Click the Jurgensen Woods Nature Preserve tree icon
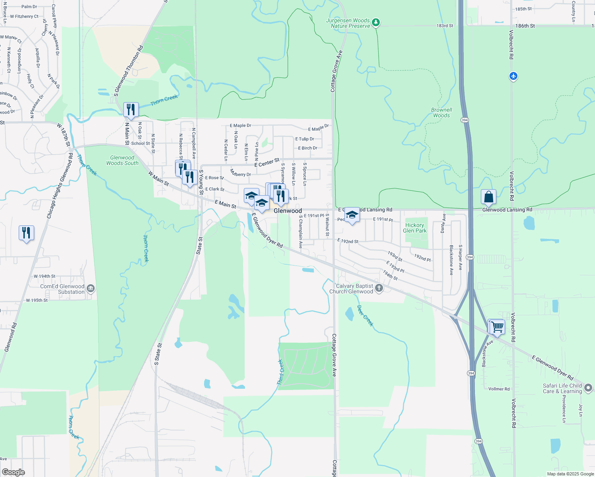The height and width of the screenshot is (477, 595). [x=375, y=23]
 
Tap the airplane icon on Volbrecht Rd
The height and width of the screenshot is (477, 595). [x=513, y=76]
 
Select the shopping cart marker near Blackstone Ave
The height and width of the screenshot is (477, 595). [x=497, y=327]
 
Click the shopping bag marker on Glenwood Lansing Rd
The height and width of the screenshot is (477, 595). [x=488, y=197]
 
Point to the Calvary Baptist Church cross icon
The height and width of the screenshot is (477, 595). [x=379, y=288]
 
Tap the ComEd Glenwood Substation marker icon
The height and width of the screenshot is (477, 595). [x=91, y=289]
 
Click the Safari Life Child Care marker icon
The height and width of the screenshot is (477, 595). [x=588, y=388]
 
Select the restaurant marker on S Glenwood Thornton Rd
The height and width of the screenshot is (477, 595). [x=131, y=110]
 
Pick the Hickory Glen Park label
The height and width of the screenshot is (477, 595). [x=414, y=228]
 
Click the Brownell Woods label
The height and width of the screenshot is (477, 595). [x=441, y=112]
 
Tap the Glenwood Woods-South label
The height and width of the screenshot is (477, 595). [x=122, y=160]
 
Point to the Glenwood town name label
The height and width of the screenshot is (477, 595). [x=288, y=211]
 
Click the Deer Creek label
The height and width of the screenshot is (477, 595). [x=365, y=316]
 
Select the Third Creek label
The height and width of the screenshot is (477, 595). [x=280, y=372]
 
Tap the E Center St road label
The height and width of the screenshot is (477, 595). [x=267, y=163]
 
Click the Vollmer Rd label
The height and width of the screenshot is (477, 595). [x=499, y=389]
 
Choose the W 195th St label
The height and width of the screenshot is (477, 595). [x=37, y=300]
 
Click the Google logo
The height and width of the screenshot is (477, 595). [x=14, y=472]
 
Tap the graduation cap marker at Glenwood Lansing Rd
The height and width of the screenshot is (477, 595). [x=352, y=215]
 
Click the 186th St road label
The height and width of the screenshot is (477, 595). [x=525, y=26]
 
